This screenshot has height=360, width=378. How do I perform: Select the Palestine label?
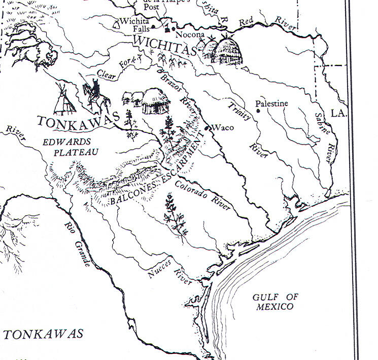pos(272,103)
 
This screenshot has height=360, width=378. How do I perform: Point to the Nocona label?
pos(189,35)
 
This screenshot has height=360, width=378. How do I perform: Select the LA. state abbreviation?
pos(337,113)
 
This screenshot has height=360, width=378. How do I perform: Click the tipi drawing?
pos(64,99)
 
